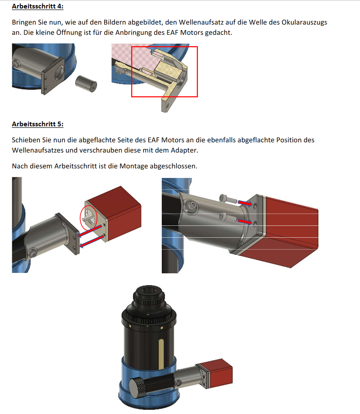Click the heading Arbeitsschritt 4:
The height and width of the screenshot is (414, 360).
coord(37,6)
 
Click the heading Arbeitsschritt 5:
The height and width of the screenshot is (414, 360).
coord(37,124)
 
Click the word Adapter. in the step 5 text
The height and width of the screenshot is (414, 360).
coord(185,150)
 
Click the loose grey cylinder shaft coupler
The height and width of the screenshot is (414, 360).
coord(86,83)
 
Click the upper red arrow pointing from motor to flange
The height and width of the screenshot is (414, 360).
coord(90,231)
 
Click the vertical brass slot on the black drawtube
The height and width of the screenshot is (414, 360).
coord(161,354)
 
